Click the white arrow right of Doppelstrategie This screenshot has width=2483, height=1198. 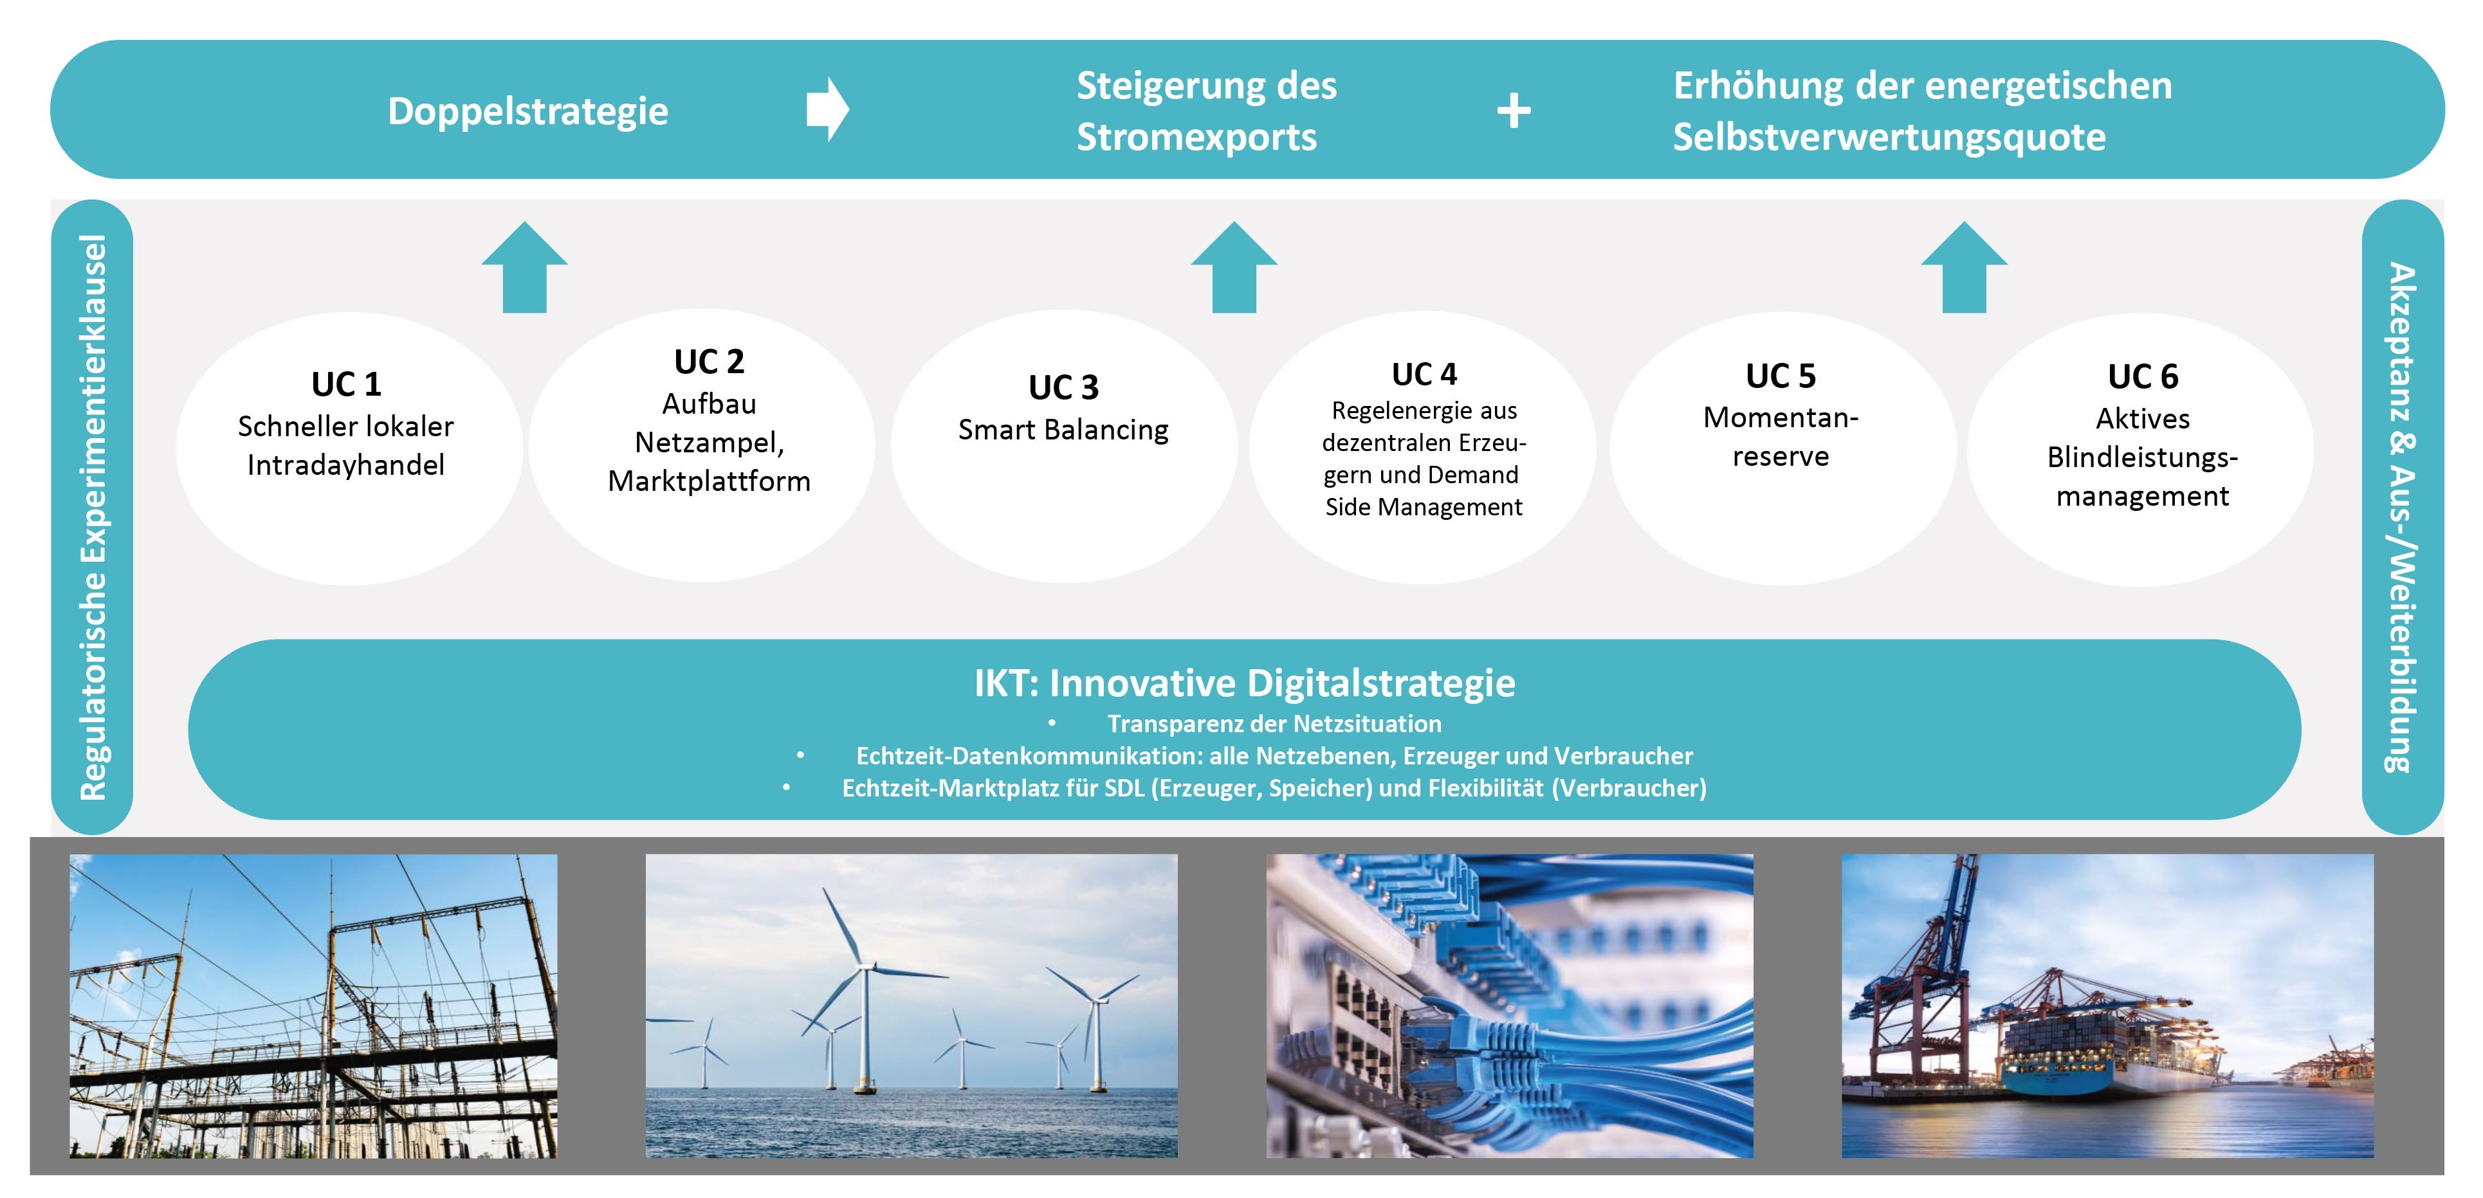coord(828,110)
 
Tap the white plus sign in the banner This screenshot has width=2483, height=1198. coord(1514,111)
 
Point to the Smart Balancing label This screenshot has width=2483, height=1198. coord(1063,430)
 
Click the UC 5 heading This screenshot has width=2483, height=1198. coord(1781,376)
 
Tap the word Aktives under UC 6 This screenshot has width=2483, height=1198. coord(2143,419)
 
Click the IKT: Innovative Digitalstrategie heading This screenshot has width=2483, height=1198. coord(1244,683)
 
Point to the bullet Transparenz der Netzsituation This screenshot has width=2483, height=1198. coord(1274,724)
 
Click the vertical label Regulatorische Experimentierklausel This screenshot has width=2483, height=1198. coord(93,517)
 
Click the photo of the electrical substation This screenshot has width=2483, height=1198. coord(313,1006)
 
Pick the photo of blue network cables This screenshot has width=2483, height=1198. coord(1510,1006)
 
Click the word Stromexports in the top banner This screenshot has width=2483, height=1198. coord(1196,138)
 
